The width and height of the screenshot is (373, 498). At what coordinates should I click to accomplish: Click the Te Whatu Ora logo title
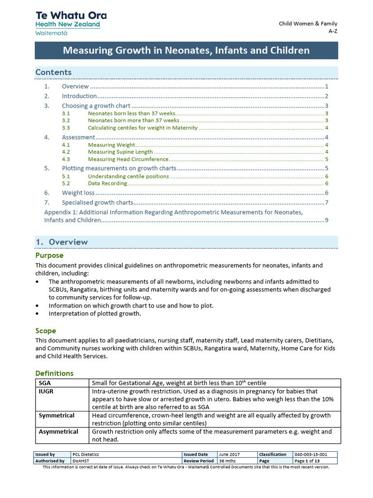coord(71,16)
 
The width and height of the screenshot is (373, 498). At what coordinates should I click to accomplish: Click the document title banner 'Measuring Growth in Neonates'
coord(186,51)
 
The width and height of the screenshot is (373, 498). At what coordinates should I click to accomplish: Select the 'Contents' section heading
coord(53,72)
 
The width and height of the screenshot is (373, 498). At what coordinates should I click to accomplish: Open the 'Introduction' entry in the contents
coord(79,96)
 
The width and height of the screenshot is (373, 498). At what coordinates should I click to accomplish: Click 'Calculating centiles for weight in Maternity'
coord(142,128)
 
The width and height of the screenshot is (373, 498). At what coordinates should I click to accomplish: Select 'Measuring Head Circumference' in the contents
coord(128,159)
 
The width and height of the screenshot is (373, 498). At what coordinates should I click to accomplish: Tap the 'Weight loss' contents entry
coord(78,193)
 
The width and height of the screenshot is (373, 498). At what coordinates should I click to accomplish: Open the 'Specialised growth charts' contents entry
coord(97,203)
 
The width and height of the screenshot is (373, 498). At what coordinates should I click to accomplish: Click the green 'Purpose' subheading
coord(50,255)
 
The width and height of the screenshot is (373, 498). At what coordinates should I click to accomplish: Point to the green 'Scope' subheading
coord(46,331)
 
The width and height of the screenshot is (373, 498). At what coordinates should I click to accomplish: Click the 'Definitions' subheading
coord(54,373)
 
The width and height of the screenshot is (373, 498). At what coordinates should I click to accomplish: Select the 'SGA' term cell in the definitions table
coord(45,383)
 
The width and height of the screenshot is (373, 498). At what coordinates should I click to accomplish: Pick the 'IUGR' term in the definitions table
coord(46,391)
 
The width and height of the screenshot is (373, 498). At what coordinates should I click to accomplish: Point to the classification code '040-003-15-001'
coord(311,454)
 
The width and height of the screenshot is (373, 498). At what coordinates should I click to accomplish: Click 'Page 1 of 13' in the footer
coord(307,461)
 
